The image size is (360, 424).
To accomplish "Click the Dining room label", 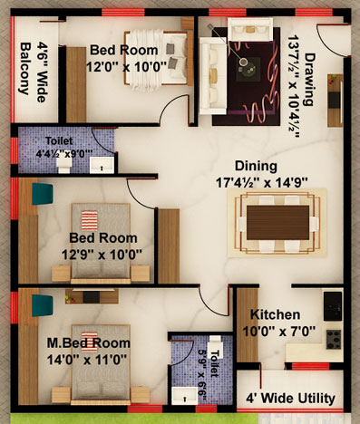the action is click(256, 167).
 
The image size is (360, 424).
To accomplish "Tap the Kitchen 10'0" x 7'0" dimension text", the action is click(278, 332).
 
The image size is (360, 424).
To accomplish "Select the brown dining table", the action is click(277, 223).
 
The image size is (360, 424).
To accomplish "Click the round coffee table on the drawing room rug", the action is click(243, 62).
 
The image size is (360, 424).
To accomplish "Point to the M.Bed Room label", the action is click(89, 343).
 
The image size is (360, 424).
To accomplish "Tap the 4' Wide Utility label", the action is click(290, 399).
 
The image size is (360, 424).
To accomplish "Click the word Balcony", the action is click(26, 69).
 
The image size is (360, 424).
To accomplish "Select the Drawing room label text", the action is click(309, 80).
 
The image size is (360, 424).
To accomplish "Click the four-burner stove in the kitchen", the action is click(334, 340).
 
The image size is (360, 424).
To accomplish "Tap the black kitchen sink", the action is click(333, 306).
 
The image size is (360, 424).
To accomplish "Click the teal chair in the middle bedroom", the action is click(43, 194).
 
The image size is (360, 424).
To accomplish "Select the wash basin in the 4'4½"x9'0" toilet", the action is click(102, 165).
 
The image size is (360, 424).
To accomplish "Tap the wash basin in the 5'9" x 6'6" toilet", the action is click(184, 396).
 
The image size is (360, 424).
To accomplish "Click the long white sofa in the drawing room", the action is click(213, 76).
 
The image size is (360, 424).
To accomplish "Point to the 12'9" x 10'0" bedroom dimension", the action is click(102, 255).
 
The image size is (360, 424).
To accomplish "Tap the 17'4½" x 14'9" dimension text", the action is click(262, 183).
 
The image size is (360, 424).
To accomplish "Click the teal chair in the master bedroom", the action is click(43, 305).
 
